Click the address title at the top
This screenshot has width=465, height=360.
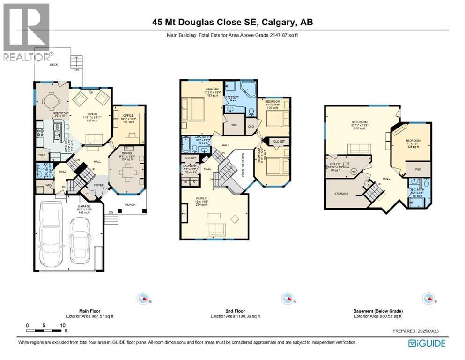tap(233, 22)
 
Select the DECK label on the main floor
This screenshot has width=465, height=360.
tap(54, 65)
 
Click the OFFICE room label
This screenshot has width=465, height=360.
tap(128, 115)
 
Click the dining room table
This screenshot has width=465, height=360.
tap(125, 172)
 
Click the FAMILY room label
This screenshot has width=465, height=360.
tap(201, 199)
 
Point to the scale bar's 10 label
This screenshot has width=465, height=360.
tap(62, 325)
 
